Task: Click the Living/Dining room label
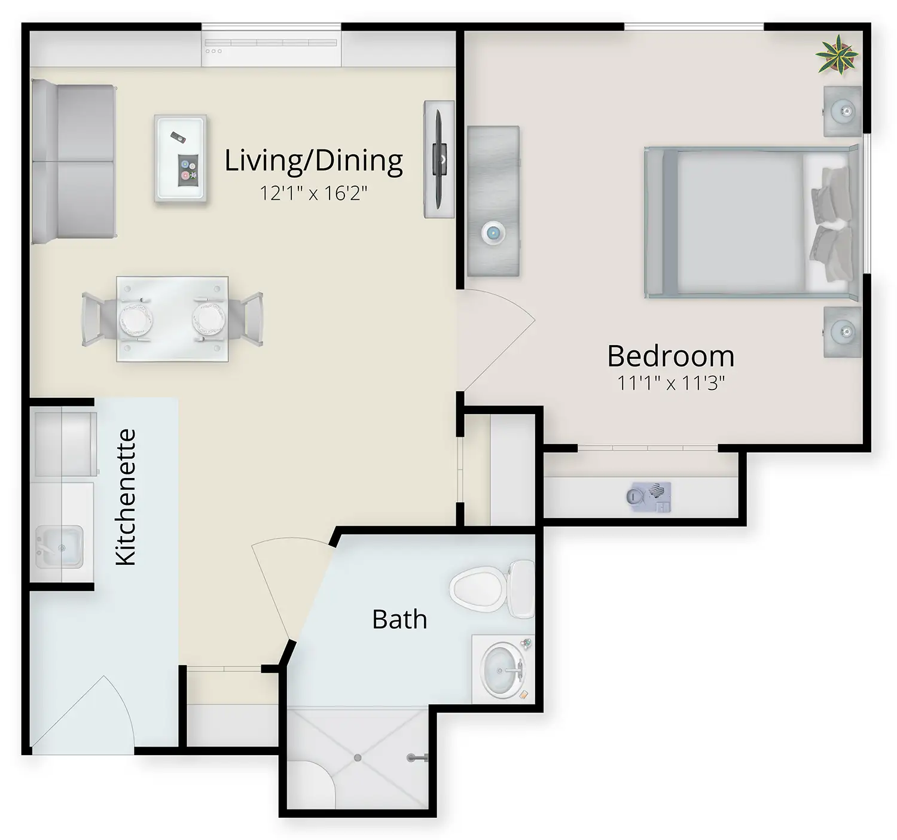[313, 162]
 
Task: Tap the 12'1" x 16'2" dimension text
[313, 193]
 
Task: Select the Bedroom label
[671, 356]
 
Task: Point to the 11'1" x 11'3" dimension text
[671, 384]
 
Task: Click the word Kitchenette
[126, 497]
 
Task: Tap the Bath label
[399, 619]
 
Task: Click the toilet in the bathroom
[492, 589]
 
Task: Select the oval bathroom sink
[502, 671]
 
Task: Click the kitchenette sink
[59, 547]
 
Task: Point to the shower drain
[358, 757]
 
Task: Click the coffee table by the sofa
[181, 158]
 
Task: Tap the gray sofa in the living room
[73, 162]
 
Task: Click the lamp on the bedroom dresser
[493, 233]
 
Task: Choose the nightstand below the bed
[843, 332]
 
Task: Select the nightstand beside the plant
[843, 111]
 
